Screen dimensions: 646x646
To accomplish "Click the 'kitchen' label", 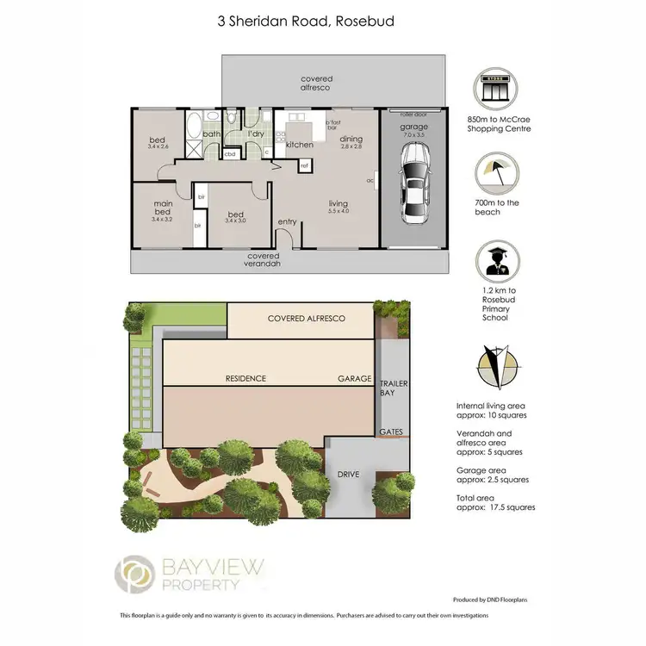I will (x=299, y=145).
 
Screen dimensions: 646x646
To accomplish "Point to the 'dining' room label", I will (x=351, y=139).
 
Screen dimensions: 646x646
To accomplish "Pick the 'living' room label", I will (x=338, y=205).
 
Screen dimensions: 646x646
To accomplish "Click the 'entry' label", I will (x=287, y=222).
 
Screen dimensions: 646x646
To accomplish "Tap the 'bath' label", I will (x=211, y=134).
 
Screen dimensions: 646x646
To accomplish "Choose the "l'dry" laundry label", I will (x=255, y=134).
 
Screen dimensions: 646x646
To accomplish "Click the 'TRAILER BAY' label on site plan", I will (x=394, y=388).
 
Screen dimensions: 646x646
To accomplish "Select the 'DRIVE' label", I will (x=348, y=473).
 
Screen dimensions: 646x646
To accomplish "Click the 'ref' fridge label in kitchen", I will (x=305, y=165).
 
